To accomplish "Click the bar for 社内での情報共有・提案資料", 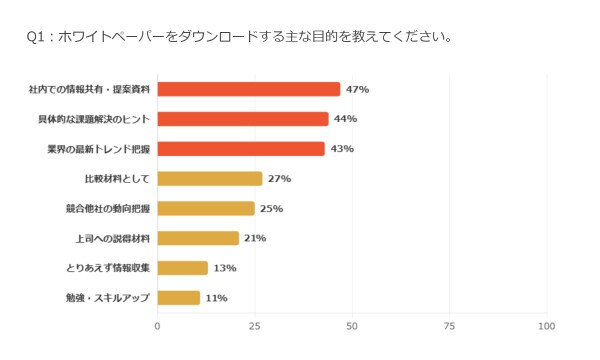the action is coord(249,89).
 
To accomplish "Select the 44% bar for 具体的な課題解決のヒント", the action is coord(243,119).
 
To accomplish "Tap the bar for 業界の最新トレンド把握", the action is coord(241,149).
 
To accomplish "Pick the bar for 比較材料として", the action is coord(210,179).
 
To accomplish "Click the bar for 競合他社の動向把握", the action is coord(206,209).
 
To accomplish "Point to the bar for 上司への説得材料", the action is coord(198,238).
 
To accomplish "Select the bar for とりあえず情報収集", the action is coord(183,268).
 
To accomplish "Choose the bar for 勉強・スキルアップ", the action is coord(179,298).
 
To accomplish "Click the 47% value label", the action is coord(357,89).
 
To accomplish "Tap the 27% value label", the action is coord(279,179).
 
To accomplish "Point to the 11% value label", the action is coord(217,298).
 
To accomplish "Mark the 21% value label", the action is coord(255,238).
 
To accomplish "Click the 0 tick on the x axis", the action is coord(157,326).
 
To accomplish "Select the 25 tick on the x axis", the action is coord(254,326).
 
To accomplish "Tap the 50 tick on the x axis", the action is coord(352,326).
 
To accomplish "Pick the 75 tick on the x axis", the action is coord(449,326).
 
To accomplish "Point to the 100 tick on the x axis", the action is coord(546,326).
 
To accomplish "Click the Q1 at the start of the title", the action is coord(36,37).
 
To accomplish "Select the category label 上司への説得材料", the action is coord(112,238).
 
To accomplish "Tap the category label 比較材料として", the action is coord(117,179).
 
